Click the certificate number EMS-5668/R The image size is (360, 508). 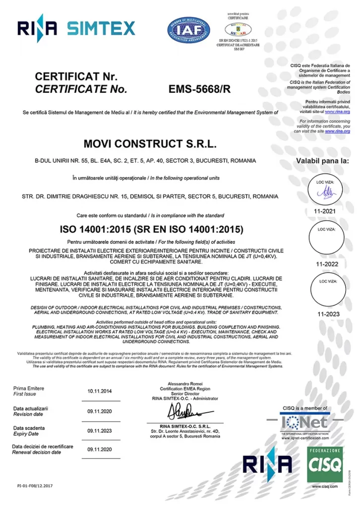coord(200,90)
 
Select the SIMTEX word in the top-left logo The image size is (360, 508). coord(101,28)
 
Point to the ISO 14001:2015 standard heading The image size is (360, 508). coord(151,229)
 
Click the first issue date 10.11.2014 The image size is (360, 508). coord(101,390)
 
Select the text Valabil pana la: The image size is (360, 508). coord(322,161)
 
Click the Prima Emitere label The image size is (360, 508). coord(29,388)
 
